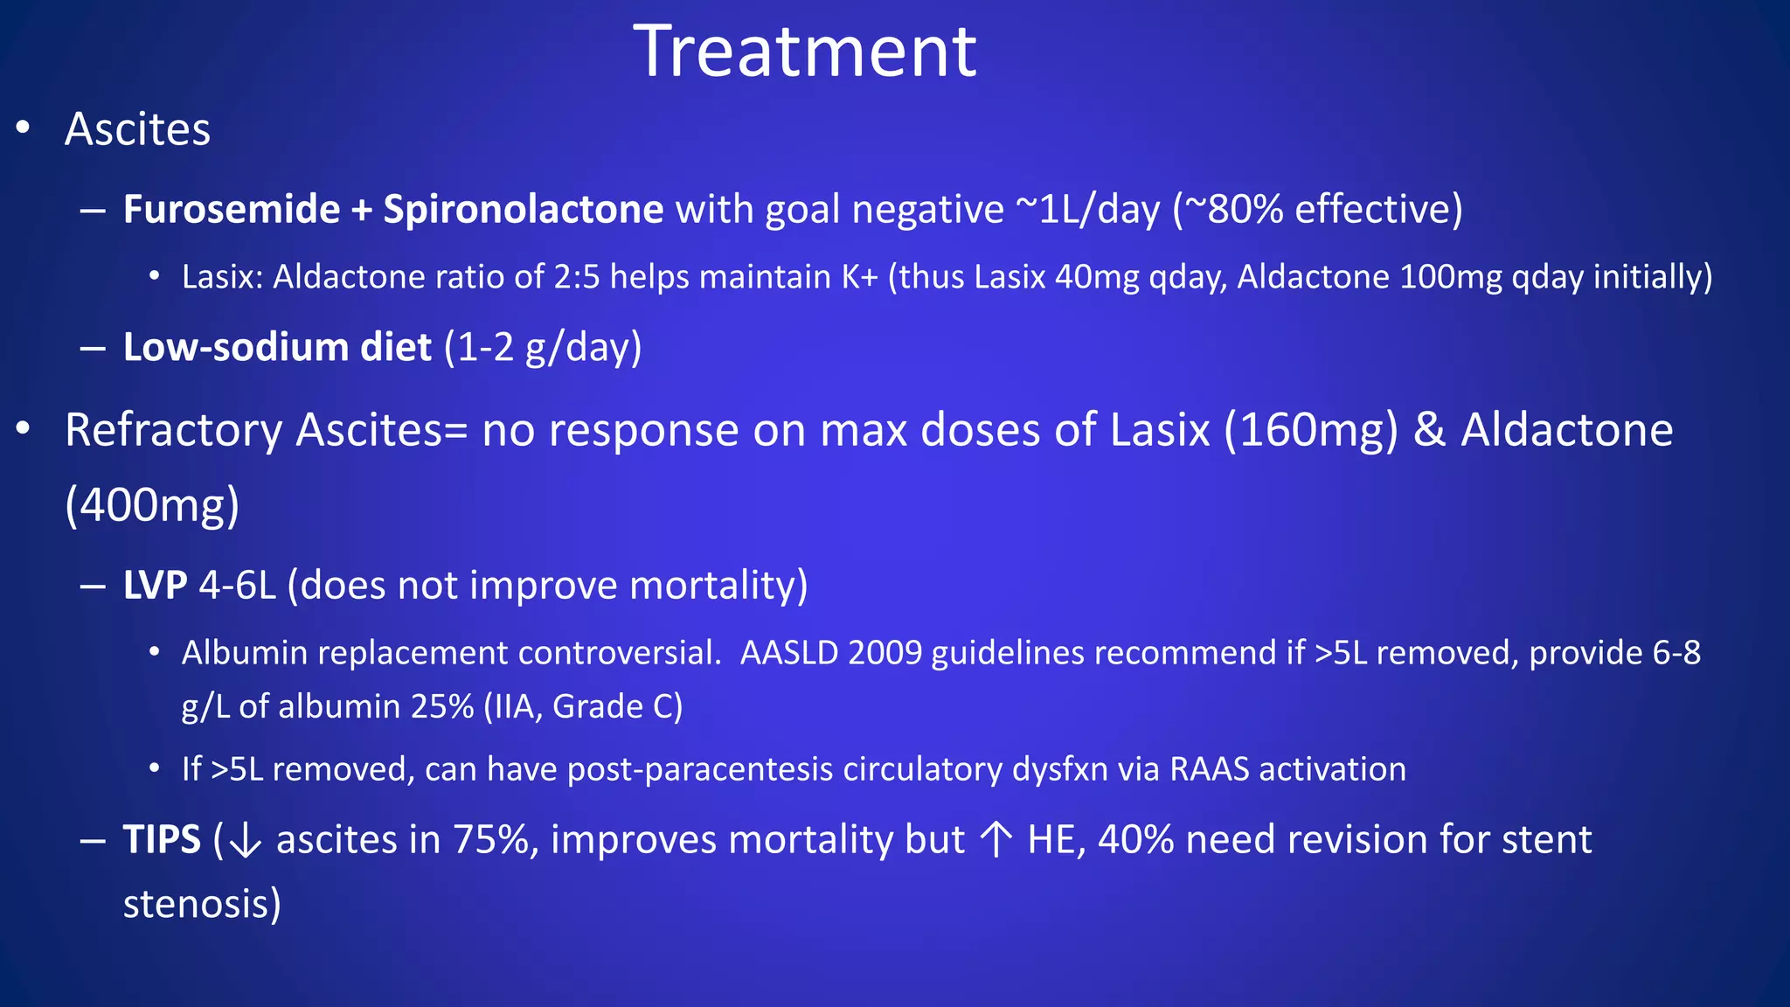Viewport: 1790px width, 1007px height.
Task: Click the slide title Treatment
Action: pos(805,52)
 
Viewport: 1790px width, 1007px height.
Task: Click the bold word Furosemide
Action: pos(232,209)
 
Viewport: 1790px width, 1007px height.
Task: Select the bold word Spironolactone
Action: pos(523,209)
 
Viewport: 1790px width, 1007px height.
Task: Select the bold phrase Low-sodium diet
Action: pos(277,347)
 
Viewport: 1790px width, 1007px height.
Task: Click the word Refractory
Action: pos(174,430)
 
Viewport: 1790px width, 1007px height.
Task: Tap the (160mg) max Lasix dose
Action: pos(1311,430)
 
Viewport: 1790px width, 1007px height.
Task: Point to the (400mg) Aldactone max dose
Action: pos(152,505)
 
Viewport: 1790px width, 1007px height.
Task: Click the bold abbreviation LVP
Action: pos(155,585)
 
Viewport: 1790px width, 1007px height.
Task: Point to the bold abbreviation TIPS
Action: pos(162,840)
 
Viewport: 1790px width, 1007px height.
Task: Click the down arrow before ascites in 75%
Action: pos(245,841)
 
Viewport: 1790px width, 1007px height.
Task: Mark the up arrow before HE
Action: pos(996,840)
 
